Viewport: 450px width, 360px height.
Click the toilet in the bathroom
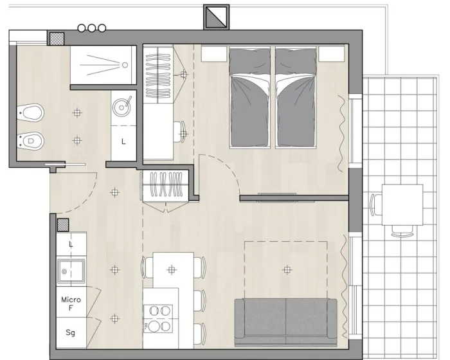30,113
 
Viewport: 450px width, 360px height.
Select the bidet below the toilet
30,140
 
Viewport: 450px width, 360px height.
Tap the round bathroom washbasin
122,107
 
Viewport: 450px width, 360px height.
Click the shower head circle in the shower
125,65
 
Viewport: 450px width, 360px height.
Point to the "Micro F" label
71,303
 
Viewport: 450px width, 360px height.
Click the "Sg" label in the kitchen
70,332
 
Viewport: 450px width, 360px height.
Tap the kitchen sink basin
71,271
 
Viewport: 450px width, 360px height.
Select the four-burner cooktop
158,319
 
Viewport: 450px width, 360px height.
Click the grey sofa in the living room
286,322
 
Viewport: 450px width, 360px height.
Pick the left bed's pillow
249,62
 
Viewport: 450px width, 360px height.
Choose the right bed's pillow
296,62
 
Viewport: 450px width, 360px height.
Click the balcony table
402,204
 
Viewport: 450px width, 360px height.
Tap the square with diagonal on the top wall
217,17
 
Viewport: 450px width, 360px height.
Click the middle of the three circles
91,28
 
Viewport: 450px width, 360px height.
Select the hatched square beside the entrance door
63,225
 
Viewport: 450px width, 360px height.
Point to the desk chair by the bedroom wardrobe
179,132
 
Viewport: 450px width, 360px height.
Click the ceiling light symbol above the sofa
287,270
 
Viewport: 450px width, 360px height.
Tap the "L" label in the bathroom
123,141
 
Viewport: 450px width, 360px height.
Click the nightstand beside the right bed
332,54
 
